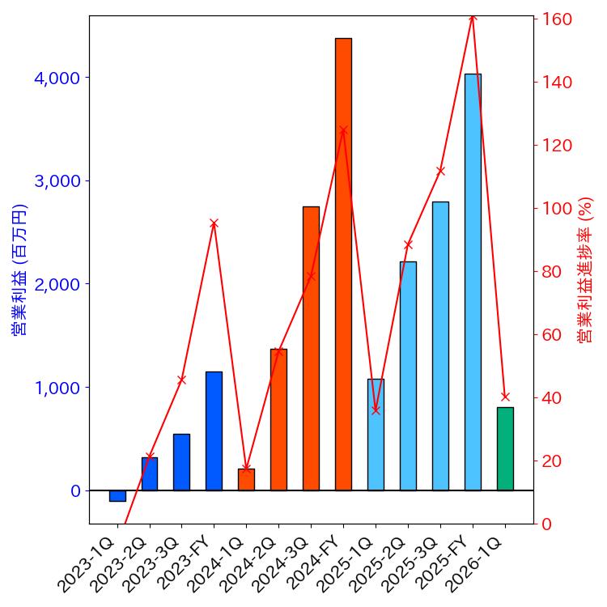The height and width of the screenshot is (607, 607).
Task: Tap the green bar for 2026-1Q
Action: coord(505,448)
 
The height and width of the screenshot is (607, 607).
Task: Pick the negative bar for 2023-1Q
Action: coord(117,495)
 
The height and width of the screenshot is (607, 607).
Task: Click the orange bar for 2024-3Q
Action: coord(311,348)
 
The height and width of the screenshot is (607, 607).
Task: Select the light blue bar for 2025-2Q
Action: coord(408,376)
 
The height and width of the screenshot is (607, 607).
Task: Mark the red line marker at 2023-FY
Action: coord(214,223)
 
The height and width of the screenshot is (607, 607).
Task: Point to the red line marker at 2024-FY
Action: coord(343,130)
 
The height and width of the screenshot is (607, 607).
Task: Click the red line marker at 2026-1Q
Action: coord(505,397)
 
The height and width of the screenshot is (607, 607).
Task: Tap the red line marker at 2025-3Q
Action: coord(440,171)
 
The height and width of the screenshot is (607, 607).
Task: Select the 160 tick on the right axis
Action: coord(558,19)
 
